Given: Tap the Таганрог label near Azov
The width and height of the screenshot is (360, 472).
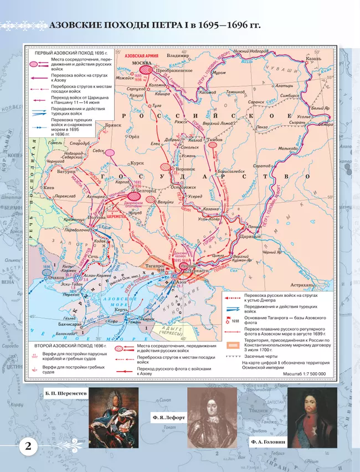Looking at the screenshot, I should point(160,265).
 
